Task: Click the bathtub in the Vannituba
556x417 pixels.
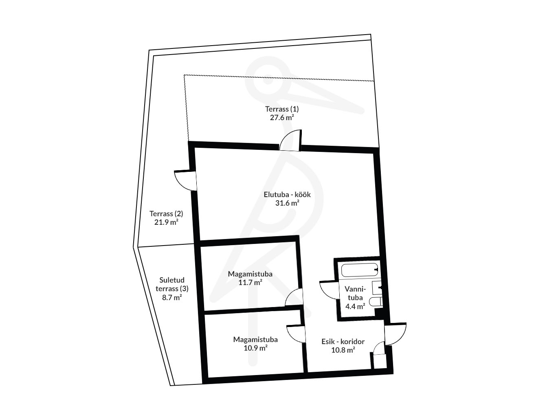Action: [360, 270]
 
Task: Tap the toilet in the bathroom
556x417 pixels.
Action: [376, 301]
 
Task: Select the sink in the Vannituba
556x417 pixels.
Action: [377, 288]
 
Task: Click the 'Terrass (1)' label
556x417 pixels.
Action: [282, 109]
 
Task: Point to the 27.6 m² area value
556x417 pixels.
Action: [282, 117]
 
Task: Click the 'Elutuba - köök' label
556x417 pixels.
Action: [287, 195]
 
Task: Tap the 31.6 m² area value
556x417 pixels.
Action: [287, 203]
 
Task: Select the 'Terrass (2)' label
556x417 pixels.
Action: [166, 214]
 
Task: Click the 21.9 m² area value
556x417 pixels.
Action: [166, 222]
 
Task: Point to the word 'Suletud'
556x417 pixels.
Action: [172, 280]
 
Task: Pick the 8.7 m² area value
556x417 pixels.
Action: [172, 297]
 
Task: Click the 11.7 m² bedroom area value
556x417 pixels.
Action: [250, 282]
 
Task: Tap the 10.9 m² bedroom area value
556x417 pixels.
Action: [255, 348]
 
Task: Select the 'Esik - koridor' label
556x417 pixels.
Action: [343, 342]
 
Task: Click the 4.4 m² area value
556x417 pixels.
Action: [355, 306]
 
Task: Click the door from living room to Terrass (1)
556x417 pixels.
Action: [290, 140]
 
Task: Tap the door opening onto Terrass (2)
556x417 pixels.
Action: [186, 180]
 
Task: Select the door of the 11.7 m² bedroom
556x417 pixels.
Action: [294, 298]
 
